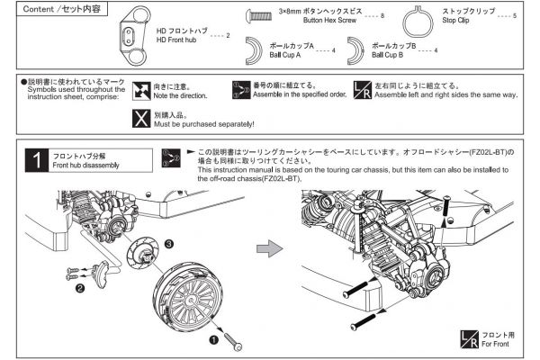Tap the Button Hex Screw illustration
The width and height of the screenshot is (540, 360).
260,16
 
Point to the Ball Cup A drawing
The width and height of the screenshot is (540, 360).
260,49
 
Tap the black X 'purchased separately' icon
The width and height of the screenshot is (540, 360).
141,117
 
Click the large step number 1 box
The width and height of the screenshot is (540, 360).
36,161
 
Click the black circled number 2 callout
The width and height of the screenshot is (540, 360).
80,288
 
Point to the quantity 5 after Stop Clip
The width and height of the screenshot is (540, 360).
514,17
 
